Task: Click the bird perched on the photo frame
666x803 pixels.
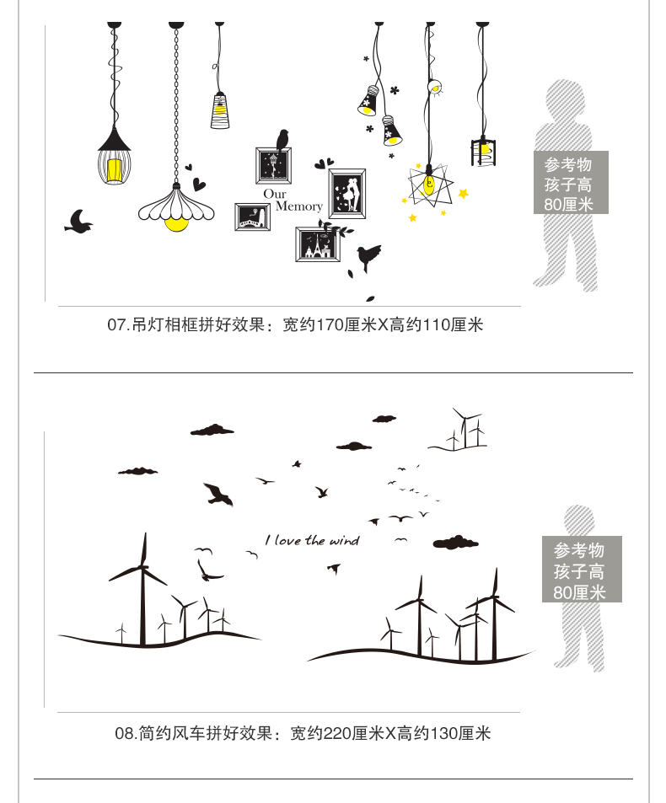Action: coord(283,139)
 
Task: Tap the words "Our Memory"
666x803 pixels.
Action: coord(292,201)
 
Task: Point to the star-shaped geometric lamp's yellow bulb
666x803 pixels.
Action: coord(431,186)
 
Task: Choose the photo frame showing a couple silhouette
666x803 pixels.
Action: coord(346,193)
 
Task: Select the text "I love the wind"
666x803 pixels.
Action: coord(312,540)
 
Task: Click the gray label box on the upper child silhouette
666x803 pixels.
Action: coord(571,183)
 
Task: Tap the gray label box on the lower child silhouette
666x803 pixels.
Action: coord(580,570)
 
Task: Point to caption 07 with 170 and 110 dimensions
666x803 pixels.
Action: coord(295,324)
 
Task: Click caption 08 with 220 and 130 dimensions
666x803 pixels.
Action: coord(302,733)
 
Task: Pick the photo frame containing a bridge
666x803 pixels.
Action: coord(252,217)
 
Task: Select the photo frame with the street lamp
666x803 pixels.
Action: coord(274,167)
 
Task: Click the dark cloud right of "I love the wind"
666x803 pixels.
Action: coord(455,541)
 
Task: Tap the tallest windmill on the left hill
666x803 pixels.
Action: coord(142,590)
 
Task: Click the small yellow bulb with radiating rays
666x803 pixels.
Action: coord(436,86)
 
